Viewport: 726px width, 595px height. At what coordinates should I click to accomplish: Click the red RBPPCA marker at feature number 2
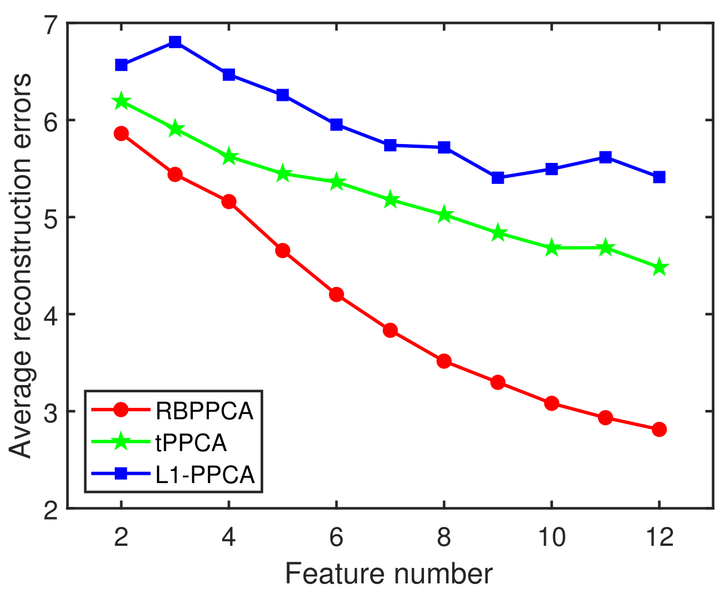pos(121,134)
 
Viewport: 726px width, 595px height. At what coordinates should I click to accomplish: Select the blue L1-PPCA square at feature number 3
pos(175,42)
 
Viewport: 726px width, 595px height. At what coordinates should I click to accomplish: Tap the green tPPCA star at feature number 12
pos(659,268)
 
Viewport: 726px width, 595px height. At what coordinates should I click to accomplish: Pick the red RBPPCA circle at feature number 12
pos(659,429)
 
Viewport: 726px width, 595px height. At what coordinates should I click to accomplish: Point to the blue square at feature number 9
pos(498,178)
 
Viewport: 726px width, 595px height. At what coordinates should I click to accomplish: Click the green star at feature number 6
pos(336,182)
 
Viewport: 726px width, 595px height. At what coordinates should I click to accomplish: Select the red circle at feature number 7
pos(390,330)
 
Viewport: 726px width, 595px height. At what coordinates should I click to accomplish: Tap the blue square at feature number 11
pos(605,157)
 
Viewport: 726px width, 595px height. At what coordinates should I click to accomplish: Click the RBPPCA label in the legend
pos(204,411)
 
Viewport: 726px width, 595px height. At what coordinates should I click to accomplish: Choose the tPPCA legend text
pos(191,443)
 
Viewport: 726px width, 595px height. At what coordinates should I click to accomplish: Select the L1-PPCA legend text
pos(205,475)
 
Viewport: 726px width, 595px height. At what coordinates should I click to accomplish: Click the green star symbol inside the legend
pos(121,443)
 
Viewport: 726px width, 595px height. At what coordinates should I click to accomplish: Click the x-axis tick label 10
pos(551,537)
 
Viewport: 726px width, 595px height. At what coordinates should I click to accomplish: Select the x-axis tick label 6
pos(336,537)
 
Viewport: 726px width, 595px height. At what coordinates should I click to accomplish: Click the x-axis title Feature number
pos(388,574)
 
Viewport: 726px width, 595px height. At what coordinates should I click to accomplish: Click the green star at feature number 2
pos(121,101)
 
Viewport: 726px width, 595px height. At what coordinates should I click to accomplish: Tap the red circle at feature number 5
pos(283,250)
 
